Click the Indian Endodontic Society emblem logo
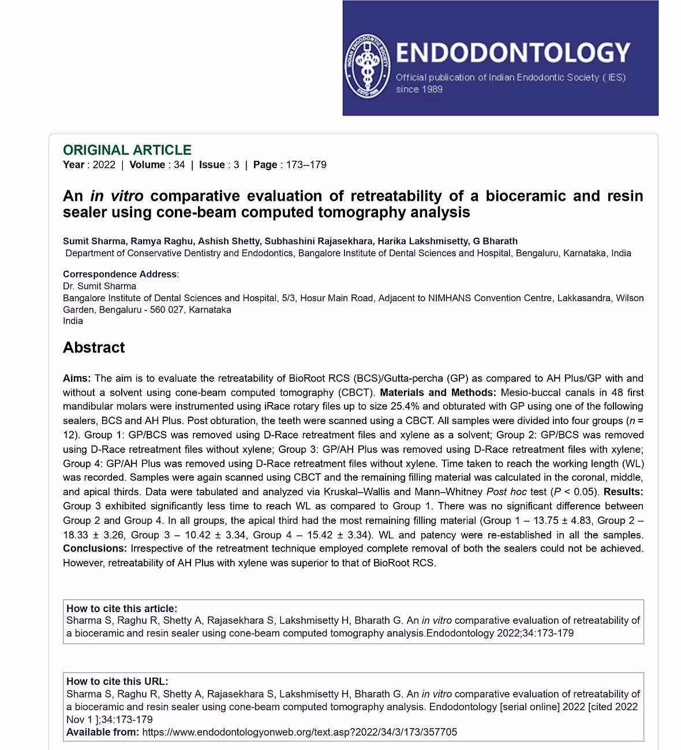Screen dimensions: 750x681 366,66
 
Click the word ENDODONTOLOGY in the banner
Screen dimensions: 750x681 512,52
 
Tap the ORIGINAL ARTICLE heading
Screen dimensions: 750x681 127,150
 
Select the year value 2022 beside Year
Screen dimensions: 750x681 104,165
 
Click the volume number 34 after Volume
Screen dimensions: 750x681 179,165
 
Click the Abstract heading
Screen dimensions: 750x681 93,347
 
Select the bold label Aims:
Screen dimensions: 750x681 77,378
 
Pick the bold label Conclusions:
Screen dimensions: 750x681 95,548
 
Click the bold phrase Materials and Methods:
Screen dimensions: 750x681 437,392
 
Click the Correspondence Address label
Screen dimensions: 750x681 119,275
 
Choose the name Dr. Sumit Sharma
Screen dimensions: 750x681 99,286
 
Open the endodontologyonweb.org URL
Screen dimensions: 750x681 299,732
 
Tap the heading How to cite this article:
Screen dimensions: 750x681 122,609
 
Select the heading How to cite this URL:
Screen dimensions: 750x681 117,681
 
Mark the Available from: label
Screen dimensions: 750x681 102,732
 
